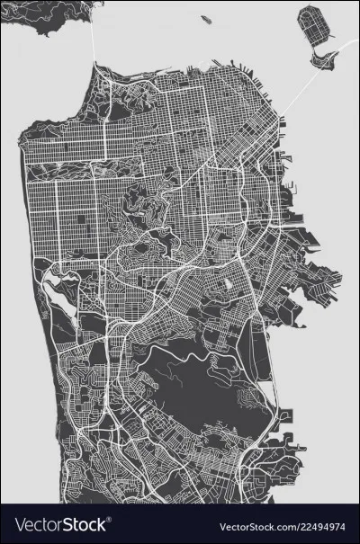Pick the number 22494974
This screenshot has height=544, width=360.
pos(323,524)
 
